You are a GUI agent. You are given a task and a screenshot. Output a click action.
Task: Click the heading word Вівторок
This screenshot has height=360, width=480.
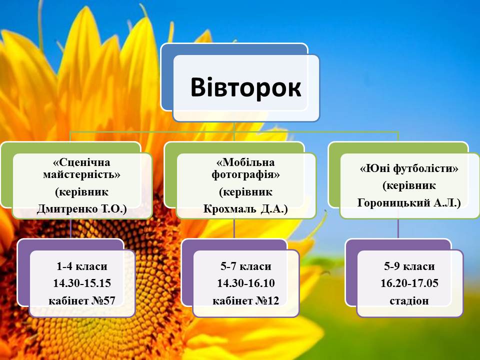pos(246,87)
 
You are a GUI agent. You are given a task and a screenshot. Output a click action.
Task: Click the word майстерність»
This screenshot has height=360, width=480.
pos(81,175)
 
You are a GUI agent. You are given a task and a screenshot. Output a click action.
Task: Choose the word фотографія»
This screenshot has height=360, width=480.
pos(246,175)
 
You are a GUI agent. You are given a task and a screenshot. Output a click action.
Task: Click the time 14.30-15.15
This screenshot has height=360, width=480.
pos(81,283)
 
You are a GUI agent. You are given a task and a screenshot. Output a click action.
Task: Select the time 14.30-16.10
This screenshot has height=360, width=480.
pos(246,283)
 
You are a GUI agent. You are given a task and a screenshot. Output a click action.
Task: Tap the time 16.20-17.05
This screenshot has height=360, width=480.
pos(409,283)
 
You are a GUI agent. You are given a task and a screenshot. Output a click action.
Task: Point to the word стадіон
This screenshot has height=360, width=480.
pos(409,301)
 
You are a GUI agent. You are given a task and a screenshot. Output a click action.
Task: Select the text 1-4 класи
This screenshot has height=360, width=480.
pos(81,266)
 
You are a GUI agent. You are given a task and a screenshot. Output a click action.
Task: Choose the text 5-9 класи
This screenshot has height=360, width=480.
pos(409,266)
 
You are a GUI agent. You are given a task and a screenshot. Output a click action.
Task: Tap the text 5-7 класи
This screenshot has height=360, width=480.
pos(246,266)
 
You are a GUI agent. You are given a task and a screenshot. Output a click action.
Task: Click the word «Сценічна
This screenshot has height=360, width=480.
pos(81,162)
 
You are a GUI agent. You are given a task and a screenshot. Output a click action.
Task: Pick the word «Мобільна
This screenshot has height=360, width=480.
pos(245,162)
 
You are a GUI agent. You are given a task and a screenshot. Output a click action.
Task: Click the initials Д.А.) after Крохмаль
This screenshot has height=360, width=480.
pos(274,209)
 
